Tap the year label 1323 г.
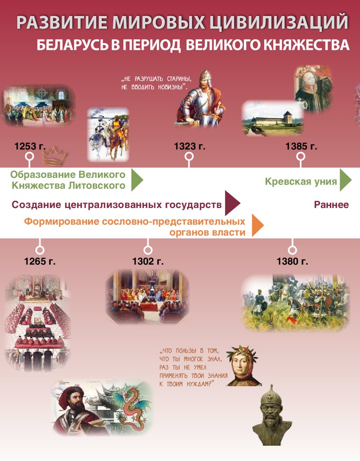(x=189, y=146)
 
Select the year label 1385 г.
(x=301, y=146)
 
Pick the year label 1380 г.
(x=292, y=262)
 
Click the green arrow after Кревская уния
(x=345, y=181)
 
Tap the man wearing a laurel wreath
(x=244, y=366)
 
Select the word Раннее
(x=331, y=205)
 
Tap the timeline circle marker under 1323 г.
(x=189, y=157)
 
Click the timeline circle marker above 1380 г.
(x=292, y=249)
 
